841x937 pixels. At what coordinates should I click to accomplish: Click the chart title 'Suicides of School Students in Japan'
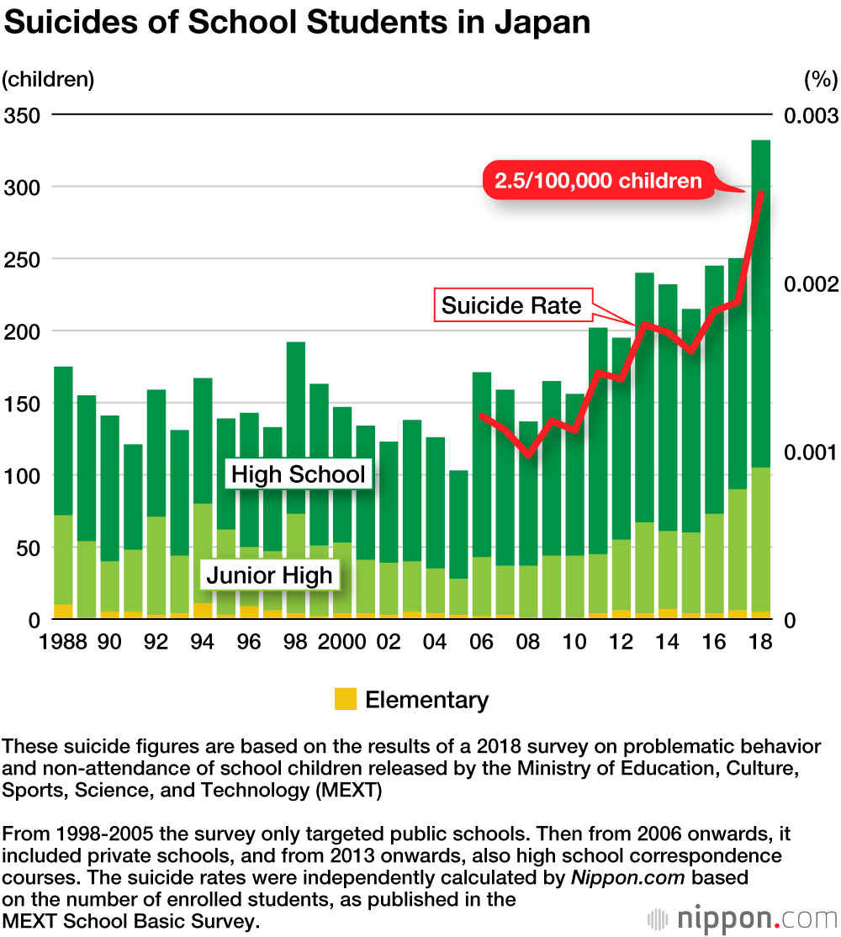point(296,23)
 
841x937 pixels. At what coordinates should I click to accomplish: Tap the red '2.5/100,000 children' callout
point(598,181)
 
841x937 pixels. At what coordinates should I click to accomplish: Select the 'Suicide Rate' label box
point(511,304)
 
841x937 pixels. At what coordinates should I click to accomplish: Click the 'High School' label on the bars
point(299,474)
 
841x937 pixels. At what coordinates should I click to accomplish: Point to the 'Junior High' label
point(270,576)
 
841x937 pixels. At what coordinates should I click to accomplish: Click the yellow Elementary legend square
point(346,699)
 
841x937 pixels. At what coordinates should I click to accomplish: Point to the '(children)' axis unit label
point(48,80)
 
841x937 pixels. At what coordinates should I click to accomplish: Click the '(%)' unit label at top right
point(820,80)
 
